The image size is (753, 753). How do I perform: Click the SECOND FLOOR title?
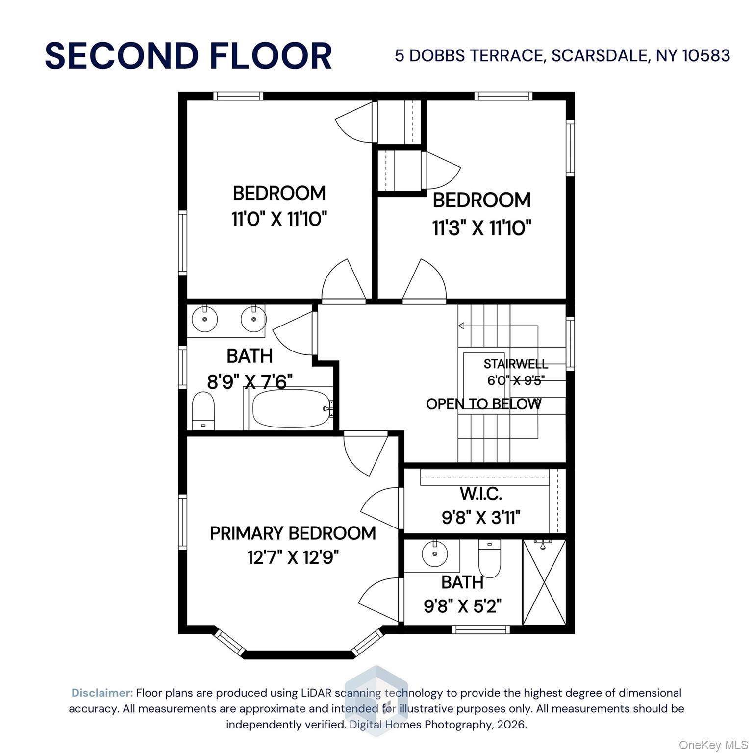(x=188, y=55)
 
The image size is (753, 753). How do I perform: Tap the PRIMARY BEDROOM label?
(x=293, y=533)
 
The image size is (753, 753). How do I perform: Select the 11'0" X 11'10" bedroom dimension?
(x=279, y=219)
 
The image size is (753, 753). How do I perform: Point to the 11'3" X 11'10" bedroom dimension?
(x=481, y=227)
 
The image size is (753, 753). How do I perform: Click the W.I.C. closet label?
(x=480, y=494)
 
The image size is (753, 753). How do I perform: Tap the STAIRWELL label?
(x=515, y=364)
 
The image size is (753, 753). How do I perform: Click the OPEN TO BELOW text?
(x=483, y=404)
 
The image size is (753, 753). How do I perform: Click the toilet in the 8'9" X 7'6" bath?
(x=203, y=411)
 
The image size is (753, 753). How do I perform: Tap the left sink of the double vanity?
(x=204, y=320)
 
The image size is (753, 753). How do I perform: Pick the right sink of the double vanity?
(x=253, y=320)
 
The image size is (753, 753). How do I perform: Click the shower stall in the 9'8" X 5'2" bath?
(x=544, y=582)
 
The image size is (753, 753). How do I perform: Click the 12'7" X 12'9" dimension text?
(x=293, y=557)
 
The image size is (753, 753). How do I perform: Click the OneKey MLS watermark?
(x=713, y=745)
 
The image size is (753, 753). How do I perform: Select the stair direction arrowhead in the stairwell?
(x=461, y=326)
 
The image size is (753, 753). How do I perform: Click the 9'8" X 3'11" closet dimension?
(x=480, y=517)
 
